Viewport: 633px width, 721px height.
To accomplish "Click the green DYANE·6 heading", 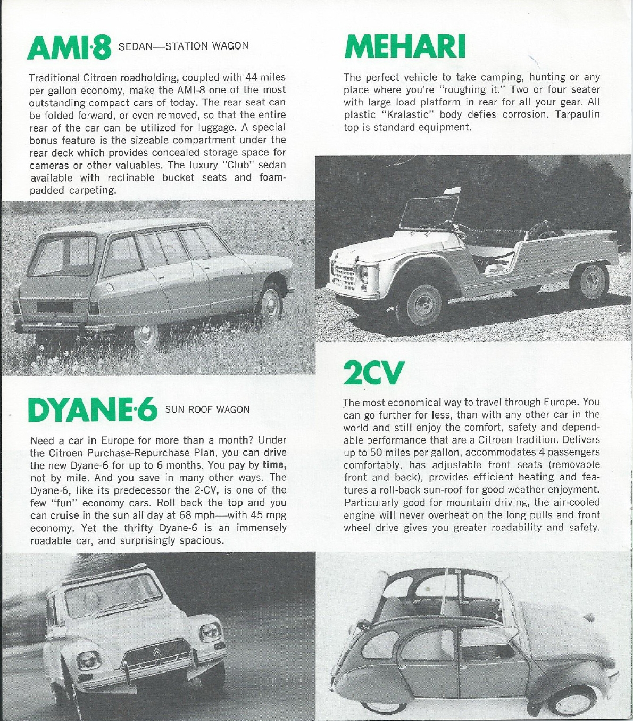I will point(93,411).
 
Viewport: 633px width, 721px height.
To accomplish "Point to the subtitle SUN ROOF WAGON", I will point(207,409).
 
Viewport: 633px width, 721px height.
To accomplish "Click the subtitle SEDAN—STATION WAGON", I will point(184,46).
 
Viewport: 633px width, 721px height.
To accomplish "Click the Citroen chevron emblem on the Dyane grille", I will point(157,652).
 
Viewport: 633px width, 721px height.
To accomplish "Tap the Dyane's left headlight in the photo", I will point(88,661).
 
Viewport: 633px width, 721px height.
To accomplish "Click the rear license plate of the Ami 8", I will point(54,307).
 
